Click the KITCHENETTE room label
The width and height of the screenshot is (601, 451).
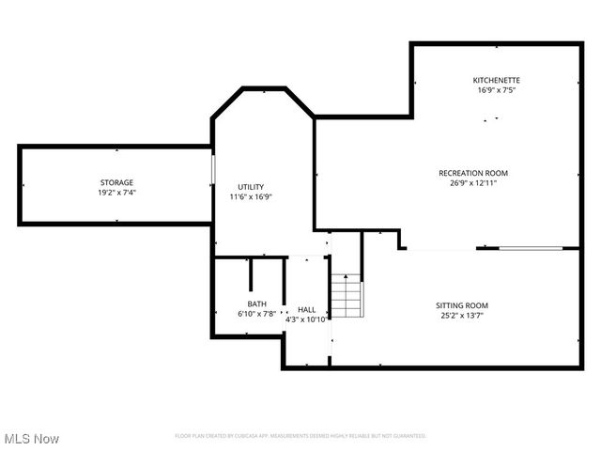pos(497,81)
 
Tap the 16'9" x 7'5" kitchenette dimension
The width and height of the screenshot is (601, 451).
pos(497,91)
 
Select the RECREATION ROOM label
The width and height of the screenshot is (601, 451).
pos(473,173)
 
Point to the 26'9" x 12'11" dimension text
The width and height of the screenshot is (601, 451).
pos(473,183)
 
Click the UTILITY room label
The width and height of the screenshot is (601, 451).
pos(251,187)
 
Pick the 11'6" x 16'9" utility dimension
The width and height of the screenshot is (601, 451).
pos(251,197)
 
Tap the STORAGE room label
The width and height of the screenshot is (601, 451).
pos(117,182)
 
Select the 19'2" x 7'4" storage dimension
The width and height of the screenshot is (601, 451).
pos(117,193)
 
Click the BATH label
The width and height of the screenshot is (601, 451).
pos(256,303)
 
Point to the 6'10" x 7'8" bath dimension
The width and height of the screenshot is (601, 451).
pos(256,314)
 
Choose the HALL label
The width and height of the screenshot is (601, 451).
pos(307,309)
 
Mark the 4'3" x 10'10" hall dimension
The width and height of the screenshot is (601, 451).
pos(307,319)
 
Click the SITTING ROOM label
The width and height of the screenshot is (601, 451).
pos(461,305)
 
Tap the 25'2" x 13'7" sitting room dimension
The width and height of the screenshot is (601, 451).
pos(461,316)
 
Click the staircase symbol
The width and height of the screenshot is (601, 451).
pos(347,295)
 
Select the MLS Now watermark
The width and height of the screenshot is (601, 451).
pos(32,439)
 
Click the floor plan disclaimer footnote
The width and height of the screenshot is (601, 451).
pos(300,436)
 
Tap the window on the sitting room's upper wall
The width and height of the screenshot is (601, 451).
pos(531,249)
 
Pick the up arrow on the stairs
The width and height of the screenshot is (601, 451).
pos(347,279)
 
